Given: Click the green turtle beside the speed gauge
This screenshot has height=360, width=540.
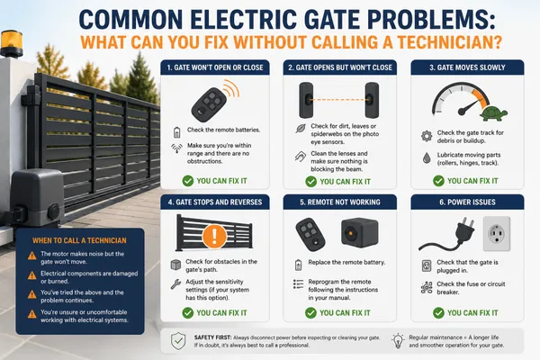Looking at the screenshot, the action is pos(494,113).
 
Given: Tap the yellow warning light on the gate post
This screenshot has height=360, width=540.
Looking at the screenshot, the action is pos(12,43).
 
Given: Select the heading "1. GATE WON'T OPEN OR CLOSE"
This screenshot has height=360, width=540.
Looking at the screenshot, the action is pos(215,67).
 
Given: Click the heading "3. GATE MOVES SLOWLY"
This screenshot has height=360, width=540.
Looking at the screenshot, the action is pos(467,67).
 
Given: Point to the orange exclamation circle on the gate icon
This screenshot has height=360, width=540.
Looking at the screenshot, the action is pos(214,236).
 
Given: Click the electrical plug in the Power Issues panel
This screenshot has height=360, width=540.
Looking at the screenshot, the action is pos(447,234).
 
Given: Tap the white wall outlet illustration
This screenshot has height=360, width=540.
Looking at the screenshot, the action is pos(497,234).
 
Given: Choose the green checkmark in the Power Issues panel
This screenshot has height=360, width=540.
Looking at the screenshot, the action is pos(438,313).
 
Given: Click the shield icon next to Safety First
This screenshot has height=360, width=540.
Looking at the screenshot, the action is pos(178,341).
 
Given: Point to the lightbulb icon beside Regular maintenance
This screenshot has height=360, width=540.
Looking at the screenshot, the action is pos(398,341).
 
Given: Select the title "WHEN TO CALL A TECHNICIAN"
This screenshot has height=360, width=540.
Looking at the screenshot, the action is pos(79,240).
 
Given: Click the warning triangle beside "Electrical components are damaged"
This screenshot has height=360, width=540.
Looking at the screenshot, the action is pos(32,275).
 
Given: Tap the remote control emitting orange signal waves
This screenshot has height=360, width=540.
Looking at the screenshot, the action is pos(209,103).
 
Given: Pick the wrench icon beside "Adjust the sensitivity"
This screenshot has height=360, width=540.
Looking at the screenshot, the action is pos(175,284).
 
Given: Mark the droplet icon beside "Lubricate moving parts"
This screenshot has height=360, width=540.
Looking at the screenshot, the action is pos(427,158).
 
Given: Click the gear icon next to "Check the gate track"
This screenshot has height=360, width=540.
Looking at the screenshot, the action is pos(427,136).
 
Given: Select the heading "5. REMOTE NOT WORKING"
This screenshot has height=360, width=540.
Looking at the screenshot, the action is pos(340,202).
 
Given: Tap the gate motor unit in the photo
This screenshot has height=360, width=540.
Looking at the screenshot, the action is pos(36,198).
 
